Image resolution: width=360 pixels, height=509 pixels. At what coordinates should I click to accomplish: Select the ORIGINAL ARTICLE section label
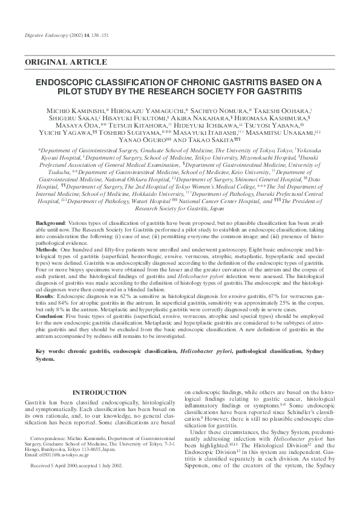click(66, 62)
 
